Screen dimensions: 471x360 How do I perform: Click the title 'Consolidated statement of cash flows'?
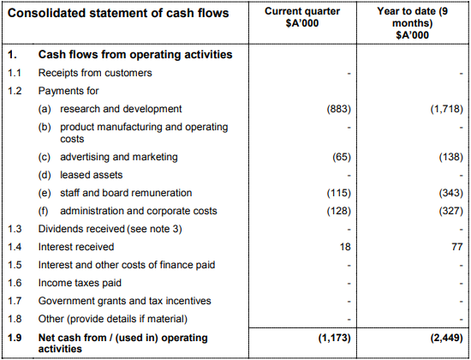[118, 13]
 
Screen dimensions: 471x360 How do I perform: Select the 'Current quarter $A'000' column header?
[302, 17]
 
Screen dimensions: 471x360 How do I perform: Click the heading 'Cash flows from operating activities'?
[135, 55]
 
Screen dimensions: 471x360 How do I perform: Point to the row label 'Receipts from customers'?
[95, 73]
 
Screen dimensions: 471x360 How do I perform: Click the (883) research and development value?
[339, 109]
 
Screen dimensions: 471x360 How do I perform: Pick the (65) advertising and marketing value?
[342, 157]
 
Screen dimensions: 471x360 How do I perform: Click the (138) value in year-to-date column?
[451, 157]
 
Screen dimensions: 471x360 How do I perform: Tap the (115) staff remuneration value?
[339, 193]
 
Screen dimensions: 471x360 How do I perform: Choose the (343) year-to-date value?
[451, 193]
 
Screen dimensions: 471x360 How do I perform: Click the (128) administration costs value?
[339, 211]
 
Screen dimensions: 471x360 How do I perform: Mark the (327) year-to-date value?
[451, 211]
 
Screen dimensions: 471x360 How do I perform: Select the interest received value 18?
[345, 247]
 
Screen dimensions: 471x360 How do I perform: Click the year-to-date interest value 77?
[457, 247]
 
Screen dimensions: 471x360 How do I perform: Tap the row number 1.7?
[15, 301]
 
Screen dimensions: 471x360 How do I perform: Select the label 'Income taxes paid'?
[80, 283]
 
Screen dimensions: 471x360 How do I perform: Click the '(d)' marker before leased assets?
[45, 175]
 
